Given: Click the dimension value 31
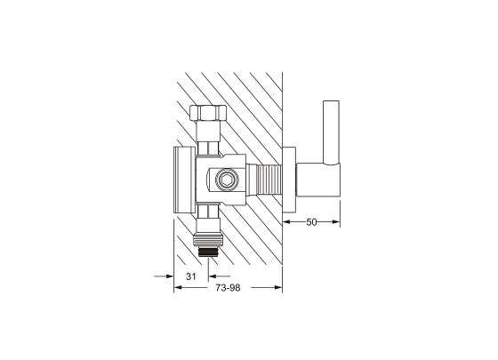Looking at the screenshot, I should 189,276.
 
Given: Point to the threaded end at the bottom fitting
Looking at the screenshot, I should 210,251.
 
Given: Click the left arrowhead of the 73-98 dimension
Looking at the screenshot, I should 177,287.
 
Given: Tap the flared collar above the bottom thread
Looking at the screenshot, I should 209,236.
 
